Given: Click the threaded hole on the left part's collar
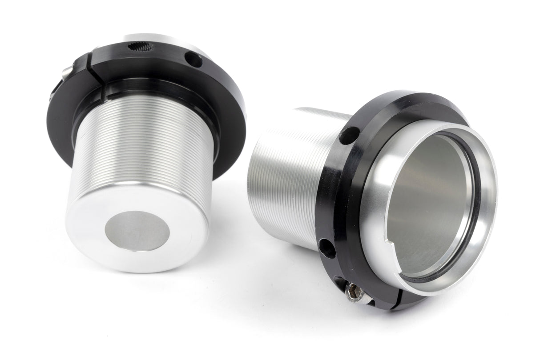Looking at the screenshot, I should click(x=141, y=46).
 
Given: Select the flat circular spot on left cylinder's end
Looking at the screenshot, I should click(x=137, y=230).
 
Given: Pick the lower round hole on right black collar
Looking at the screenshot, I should click(x=327, y=248).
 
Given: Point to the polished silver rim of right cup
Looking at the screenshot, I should click(x=489, y=178).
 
